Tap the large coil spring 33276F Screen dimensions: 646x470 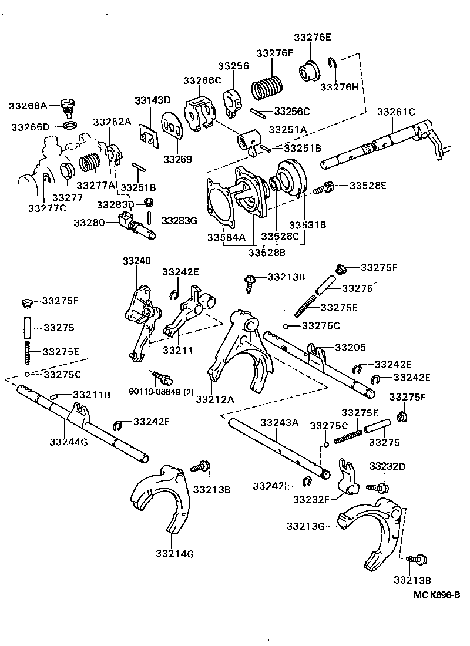tap(268, 88)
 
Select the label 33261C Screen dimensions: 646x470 tap(396, 112)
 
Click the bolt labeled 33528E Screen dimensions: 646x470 tap(323, 189)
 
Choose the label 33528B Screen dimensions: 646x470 tap(266, 253)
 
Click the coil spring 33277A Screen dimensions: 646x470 tap(89, 163)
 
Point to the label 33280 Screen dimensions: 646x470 tap(89, 223)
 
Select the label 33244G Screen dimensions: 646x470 tap(69, 441)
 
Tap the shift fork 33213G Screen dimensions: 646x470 tap(370, 529)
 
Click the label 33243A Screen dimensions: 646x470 tap(279, 422)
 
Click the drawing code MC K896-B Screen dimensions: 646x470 tap(436, 595)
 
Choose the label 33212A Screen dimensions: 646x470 tap(215, 399)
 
